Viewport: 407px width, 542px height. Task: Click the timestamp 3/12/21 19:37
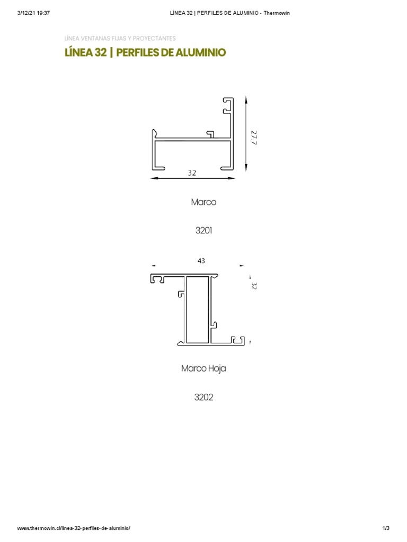[33, 13]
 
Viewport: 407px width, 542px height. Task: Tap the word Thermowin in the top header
[277, 13]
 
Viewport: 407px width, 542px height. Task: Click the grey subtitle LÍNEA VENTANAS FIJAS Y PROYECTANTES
[120, 38]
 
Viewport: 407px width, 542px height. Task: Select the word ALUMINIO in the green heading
[200, 52]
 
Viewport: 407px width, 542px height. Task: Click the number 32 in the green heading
[100, 52]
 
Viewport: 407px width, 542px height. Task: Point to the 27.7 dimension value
[254, 138]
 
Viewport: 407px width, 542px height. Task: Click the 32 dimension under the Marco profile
[192, 173]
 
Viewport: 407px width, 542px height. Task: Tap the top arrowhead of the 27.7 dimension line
[246, 100]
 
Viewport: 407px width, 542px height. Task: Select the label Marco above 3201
[203, 202]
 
